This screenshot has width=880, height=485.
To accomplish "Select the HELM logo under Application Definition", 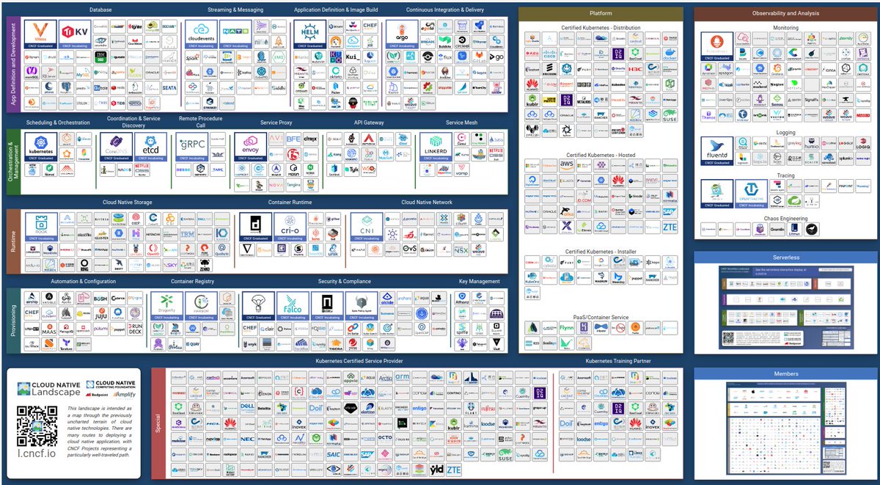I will pos(309,34).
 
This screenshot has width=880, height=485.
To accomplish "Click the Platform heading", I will pos(601,13).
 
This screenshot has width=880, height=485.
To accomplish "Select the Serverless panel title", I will pos(785,258).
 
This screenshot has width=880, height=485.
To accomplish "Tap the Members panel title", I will pos(785,374).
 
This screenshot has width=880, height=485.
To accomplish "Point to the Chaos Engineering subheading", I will pos(785,219).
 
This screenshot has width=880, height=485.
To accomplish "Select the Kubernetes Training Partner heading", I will pos(618,361).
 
